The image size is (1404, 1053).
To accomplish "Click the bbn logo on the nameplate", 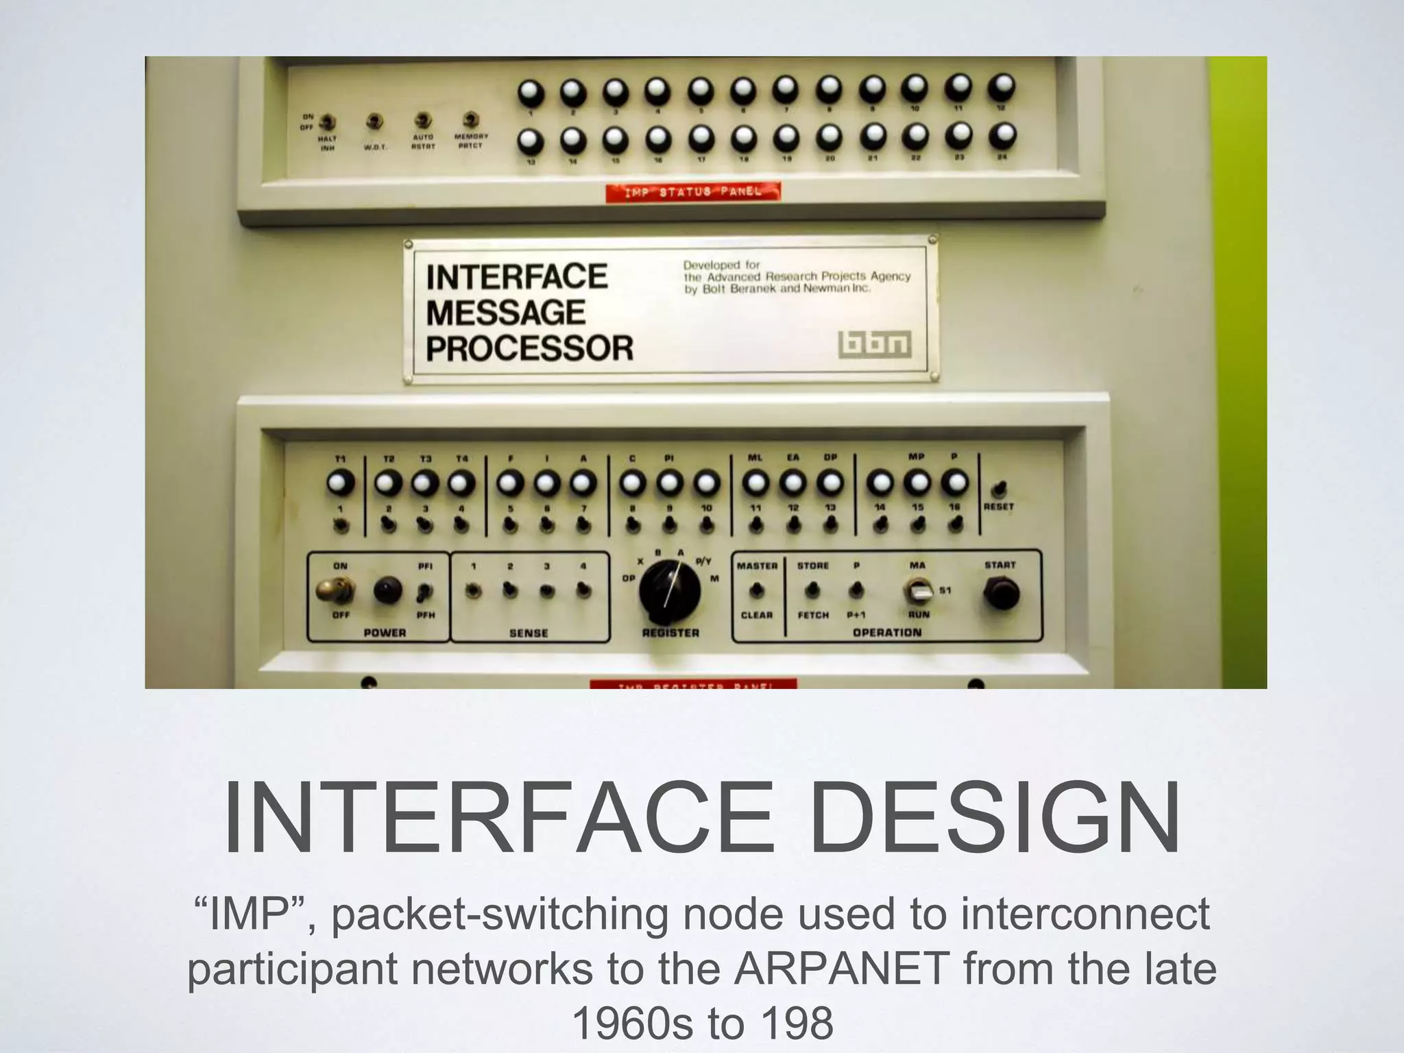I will click(x=875, y=345).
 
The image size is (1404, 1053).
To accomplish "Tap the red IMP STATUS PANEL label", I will click(x=692, y=192).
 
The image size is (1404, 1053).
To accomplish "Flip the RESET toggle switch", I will click(x=1000, y=489).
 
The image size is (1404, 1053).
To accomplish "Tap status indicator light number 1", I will click(x=529, y=91).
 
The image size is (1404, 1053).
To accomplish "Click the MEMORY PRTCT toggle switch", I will click(x=470, y=119).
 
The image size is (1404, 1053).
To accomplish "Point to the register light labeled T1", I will click(x=340, y=483).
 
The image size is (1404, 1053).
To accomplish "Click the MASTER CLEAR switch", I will click(x=756, y=590).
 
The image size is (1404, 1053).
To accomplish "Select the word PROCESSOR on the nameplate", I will click(x=529, y=348).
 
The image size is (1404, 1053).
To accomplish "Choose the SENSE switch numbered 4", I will click(x=583, y=590).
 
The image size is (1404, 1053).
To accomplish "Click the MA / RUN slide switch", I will click(x=919, y=590).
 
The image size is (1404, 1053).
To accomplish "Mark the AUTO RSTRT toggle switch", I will click(x=423, y=121).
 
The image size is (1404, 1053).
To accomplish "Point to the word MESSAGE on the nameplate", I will click(x=505, y=313).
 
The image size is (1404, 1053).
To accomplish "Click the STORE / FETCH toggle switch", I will click(x=812, y=590).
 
